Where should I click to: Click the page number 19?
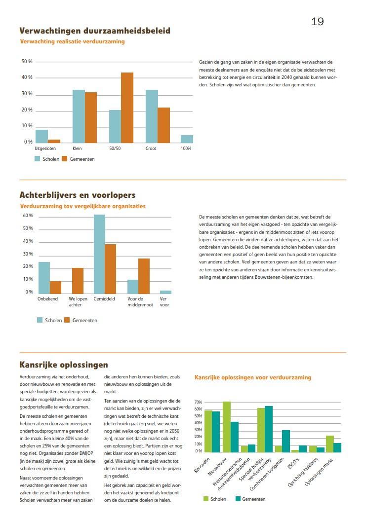[318, 22]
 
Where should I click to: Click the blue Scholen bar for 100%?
[187, 139]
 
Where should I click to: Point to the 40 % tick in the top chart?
[27, 77]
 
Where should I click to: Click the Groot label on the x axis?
[151, 148]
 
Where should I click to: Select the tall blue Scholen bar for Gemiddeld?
[100, 254]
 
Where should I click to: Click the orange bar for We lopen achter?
[78, 281]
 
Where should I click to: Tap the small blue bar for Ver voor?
[165, 292]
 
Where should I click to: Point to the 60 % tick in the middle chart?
[28, 216]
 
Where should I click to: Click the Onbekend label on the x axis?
[47, 299]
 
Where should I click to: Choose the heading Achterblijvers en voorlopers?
[77, 195]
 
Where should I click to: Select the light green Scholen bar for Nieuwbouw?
[227, 427]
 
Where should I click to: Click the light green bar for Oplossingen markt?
[330, 444]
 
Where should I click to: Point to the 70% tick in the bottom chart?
[199, 402]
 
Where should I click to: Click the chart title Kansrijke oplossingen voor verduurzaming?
[253, 377]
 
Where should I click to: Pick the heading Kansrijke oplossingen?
[63, 365]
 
